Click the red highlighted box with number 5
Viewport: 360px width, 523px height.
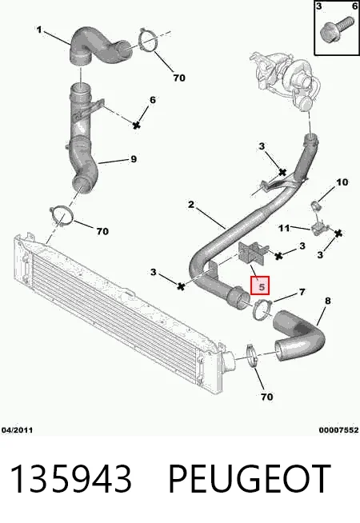(x=260, y=285)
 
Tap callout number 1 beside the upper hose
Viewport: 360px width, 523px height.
(x=39, y=30)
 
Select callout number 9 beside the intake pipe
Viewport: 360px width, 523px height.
(x=134, y=159)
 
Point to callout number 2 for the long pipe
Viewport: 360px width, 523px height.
(x=191, y=204)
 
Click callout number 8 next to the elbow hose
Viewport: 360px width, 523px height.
(x=328, y=301)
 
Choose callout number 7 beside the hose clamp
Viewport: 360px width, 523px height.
(x=302, y=292)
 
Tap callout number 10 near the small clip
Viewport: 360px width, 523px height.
(x=342, y=182)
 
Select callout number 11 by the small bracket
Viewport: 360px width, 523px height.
(x=284, y=228)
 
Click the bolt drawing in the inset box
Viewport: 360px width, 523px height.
(x=336, y=28)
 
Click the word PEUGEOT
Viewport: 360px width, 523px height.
(x=250, y=479)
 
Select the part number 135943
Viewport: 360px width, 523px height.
(x=71, y=479)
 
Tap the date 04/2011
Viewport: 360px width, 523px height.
(x=17, y=430)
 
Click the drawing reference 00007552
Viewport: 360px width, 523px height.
(x=338, y=430)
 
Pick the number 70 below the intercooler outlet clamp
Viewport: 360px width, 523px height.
(x=266, y=397)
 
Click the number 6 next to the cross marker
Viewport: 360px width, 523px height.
(x=153, y=100)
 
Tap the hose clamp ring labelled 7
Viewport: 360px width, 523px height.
(x=262, y=309)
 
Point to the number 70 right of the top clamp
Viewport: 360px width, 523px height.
(x=179, y=78)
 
